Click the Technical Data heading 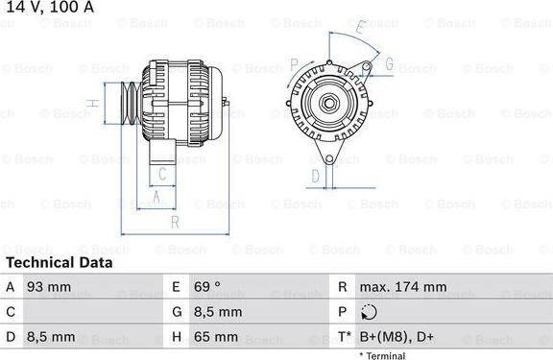pos(59,262)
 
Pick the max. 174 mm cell pos(402,287)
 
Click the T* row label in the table pos(344,337)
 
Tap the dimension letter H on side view pos(90,103)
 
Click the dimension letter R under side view pos(174,223)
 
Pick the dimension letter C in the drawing pos(163,174)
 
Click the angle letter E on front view pos(359,28)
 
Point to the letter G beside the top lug pos(390,64)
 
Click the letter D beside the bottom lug pos(315,176)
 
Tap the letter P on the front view pos(293,64)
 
